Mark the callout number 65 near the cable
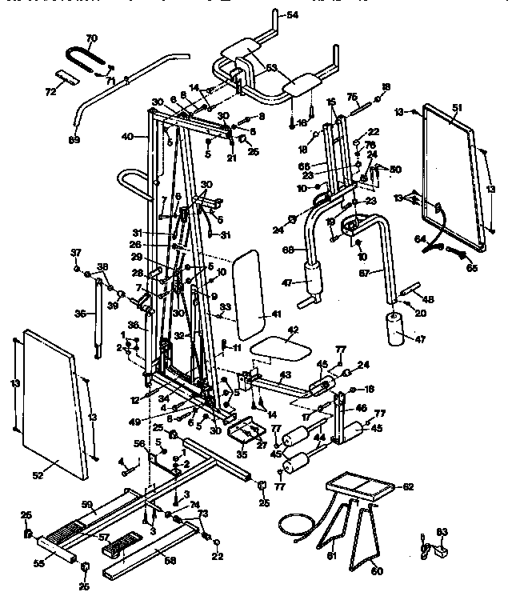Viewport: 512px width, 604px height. click(x=472, y=268)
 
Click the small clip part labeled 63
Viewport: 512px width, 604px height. click(x=437, y=549)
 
